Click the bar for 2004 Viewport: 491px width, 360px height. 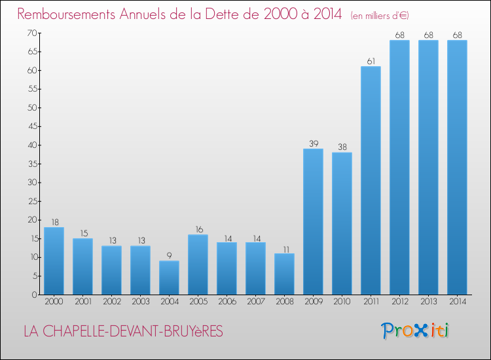(x=169, y=278)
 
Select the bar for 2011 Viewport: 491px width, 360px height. (x=371, y=180)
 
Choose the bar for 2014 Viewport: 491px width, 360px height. (x=457, y=167)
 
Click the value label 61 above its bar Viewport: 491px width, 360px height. (x=371, y=61)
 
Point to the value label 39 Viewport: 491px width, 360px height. (x=313, y=143)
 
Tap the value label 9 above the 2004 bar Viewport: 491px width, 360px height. (x=169, y=255)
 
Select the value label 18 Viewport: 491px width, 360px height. (x=54, y=222)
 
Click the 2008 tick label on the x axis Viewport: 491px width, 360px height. (x=284, y=302)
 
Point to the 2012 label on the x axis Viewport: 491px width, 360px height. (x=399, y=302)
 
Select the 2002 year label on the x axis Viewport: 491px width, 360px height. (x=111, y=302)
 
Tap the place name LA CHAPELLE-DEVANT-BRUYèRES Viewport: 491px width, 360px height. (x=123, y=332)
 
